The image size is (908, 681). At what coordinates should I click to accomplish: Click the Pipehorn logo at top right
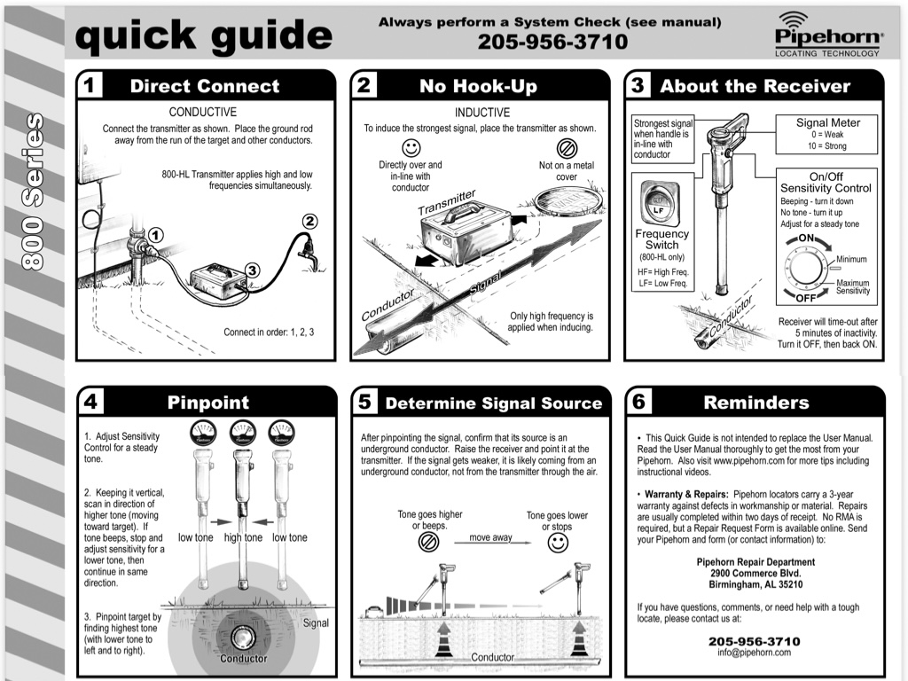point(828,35)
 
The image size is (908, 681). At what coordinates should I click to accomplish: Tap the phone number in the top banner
point(552,42)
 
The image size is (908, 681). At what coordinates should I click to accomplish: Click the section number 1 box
point(90,86)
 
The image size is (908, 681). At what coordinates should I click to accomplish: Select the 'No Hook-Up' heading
point(478,86)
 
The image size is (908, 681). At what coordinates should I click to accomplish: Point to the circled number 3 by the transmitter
point(252,270)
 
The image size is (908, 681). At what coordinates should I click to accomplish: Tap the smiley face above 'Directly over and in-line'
point(411,148)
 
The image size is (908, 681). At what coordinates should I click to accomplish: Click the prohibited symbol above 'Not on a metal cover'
point(567,148)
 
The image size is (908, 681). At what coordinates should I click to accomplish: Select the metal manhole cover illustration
point(569,201)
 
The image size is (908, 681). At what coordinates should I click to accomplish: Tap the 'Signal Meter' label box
point(827,134)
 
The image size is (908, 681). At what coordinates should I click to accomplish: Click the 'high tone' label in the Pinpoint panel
point(243,537)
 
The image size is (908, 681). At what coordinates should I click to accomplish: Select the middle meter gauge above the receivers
point(243,433)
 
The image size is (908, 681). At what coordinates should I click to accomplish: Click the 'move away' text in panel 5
point(490,537)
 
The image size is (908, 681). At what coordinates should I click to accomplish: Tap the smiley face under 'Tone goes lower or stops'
point(558,544)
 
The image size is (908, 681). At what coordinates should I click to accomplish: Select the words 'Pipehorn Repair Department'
point(755,562)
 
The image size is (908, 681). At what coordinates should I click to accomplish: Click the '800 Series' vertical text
point(35,191)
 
